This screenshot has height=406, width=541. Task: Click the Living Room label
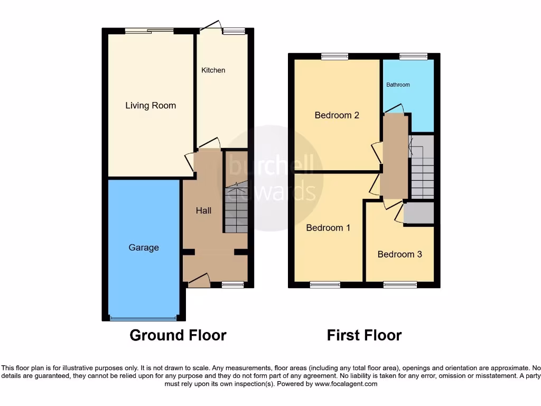click(x=151, y=106)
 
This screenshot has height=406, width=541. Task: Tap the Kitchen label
click(x=213, y=70)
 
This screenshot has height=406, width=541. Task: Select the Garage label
click(x=144, y=247)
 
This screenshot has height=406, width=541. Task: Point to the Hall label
click(x=203, y=210)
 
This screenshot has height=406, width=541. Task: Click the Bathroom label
click(x=398, y=85)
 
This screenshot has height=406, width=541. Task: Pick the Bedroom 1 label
click(x=328, y=228)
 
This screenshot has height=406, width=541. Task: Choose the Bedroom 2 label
click(x=337, y=115)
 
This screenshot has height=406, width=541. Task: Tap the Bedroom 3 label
click(x=399, y=254)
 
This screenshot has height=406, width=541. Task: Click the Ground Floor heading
click(x=178, y=335)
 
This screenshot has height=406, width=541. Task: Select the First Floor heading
click(x=364, y=335)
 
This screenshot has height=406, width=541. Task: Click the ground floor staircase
click(x=236, y=207)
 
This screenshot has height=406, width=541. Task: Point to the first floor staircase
click(x=422, y=166)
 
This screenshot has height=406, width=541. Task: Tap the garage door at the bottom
click(x=143, y=318)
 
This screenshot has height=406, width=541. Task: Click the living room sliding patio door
click(x=150, y=31)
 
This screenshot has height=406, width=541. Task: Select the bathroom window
click(x=413, y=56)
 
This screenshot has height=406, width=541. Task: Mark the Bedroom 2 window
click(x=335, y=56)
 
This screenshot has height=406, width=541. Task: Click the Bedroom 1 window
click(x=325, y=285)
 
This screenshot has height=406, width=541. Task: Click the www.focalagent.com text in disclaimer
click(x=346, y=384)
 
